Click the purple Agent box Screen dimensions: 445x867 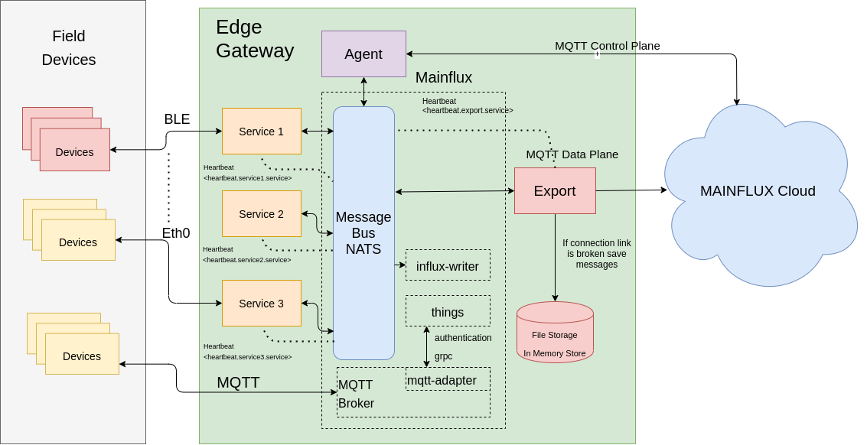pyautogui.click(x=363, y=54)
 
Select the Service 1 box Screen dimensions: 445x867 pyautogui.click(x=261, y=132)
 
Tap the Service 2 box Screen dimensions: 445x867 pyautogui.click(x=261, y=214)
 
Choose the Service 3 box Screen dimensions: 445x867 pyautogui.click(x=261, y=304)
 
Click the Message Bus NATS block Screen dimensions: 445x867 pyautogui.click(x=363, y=233)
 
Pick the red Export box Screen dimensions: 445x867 pyautogui.click(x=555, y=191)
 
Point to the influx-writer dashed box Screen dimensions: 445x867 pyautogui.click(x=448, y=266)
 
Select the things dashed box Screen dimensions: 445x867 pyautogui.click(x=448, y=312)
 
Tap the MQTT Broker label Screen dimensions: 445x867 pyautogui.click(x=356, y=394)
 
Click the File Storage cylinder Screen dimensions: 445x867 pyautogui.click(x=555, y=334)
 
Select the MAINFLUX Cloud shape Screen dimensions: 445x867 pyautogui.click(x=758, y=191)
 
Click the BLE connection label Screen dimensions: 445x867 pyautogui.click(x=177, y=119)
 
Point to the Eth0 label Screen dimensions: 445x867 pyautogui.click(x=175, y=233)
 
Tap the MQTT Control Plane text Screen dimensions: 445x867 pyautogui.click(x=607, y=46)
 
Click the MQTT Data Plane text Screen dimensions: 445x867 pyautogui.click(x=572, y=154)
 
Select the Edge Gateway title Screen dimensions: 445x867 pyautogui.click(x=254, y=39)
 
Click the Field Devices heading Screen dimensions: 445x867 pyautogui.click(x=69, y=47)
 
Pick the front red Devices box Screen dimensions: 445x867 pyautogui.click(x=75, y=151)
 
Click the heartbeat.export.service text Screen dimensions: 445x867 pyautogui.click(x=468, y=110)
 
